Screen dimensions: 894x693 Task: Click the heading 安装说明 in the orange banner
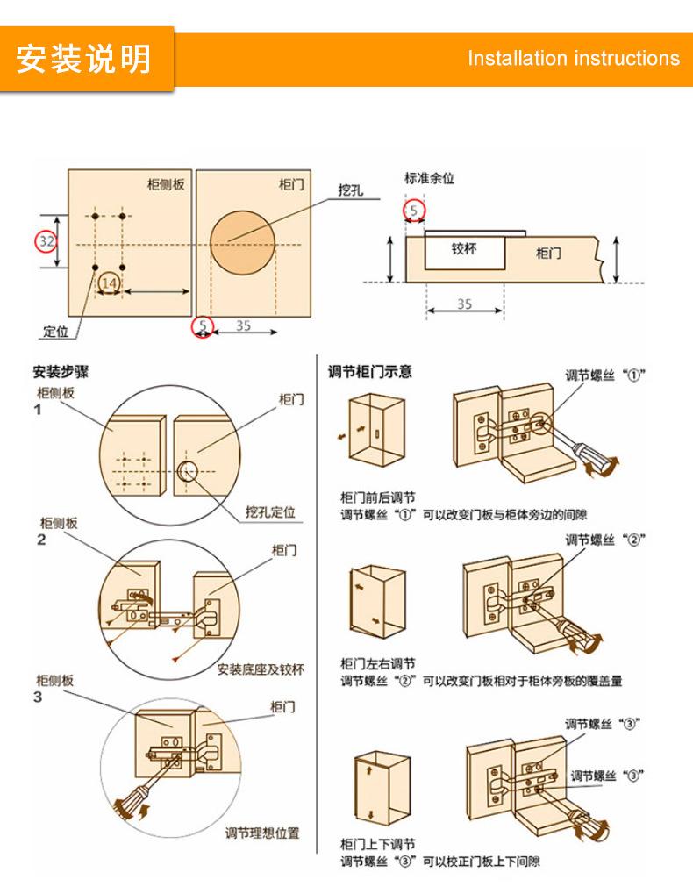84,60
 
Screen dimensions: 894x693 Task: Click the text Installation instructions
573,59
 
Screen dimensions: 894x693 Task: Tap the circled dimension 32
46,240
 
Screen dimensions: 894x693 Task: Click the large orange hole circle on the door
241,240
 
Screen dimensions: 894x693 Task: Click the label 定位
55,332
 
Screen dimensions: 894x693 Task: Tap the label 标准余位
429,178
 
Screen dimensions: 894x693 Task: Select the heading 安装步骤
61,372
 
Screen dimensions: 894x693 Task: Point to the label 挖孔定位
270,512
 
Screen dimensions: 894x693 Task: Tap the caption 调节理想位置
262,832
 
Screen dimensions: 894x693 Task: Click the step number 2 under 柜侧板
40,540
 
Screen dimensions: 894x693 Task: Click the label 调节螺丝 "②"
605,539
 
